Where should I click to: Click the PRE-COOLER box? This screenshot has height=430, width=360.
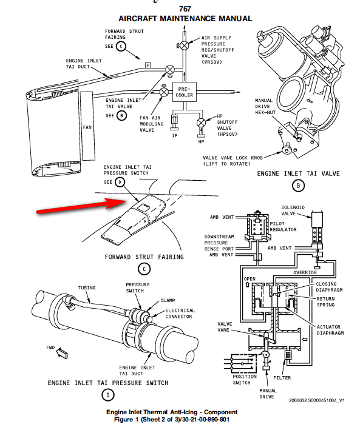tap(185, 92)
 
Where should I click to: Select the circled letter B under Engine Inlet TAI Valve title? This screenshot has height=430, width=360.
tap(298, 186)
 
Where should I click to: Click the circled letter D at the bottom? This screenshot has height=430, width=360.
tap(107, 395)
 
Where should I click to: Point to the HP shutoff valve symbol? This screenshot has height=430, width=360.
tap(202, 123)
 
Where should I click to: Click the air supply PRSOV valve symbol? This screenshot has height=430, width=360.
tap(185, 45)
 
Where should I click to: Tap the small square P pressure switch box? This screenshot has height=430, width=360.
tap(148, 66)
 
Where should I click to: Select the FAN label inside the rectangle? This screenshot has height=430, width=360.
tap(87, 127)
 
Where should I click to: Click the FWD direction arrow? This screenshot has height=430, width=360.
tap(62, 353)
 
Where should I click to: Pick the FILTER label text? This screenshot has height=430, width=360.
tap(282, 378)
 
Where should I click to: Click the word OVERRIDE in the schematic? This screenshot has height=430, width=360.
tap(305, 272)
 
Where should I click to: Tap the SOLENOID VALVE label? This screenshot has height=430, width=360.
tap(293, 210)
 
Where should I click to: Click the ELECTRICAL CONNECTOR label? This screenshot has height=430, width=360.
tap(180, 313)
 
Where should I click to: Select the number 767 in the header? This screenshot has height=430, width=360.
tap(185, 9)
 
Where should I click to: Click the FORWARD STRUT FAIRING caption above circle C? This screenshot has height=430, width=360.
tap(144, 257)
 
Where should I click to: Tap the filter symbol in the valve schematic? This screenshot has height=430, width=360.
tap(288, 355)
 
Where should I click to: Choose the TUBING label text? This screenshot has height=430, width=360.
tap(87, 287)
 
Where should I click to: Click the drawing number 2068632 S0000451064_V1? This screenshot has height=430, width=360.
tap(316, 400)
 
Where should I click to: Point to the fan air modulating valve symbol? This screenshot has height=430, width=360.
tap(164, 92)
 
